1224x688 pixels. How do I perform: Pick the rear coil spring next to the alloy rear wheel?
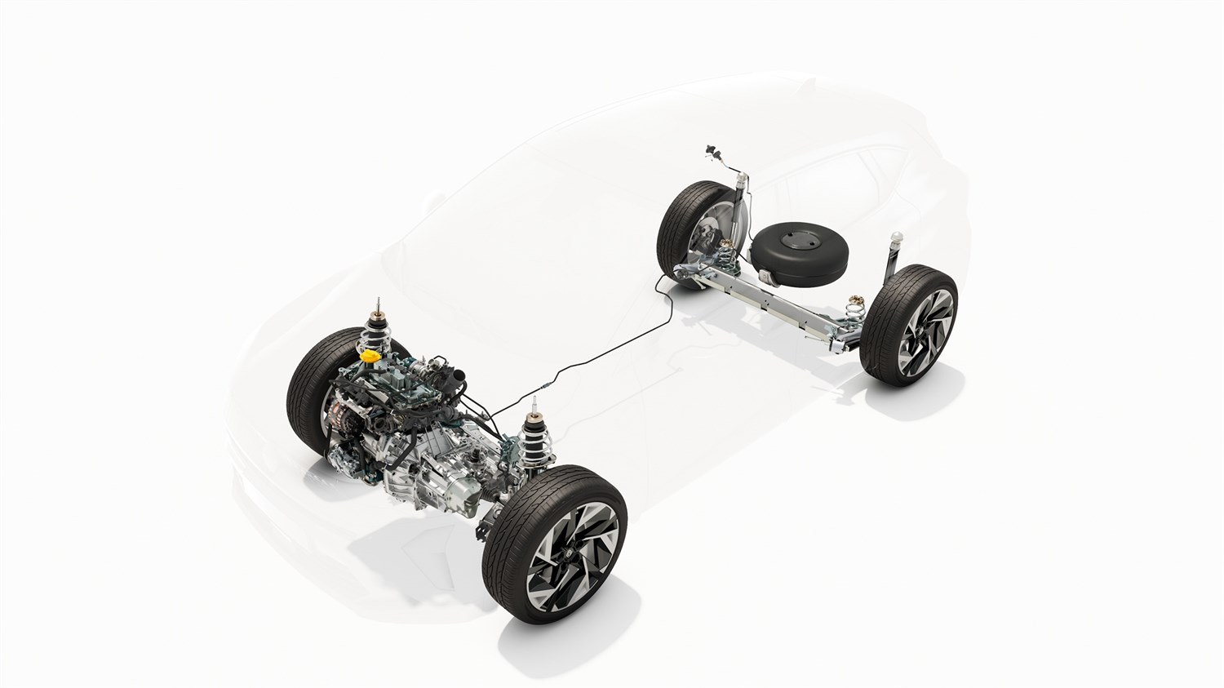pos(856,311)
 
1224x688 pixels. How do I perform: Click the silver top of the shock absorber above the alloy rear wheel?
pos(897,236)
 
